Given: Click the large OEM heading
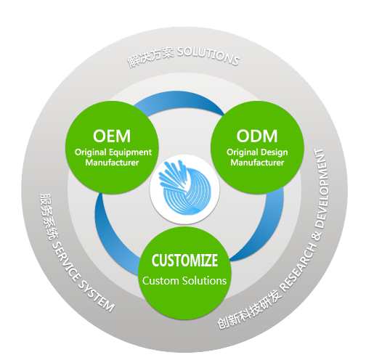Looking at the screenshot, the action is [x=112, y=136].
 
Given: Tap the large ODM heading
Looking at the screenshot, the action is [x=257, y=136].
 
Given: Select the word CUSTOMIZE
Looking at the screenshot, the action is [x=184, y=261].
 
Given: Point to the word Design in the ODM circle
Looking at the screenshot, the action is [x=274, y=152].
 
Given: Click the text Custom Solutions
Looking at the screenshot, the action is [x=184, y=281].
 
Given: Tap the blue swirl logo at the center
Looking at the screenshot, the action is [x=184, y=188].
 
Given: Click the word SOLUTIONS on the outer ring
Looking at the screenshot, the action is [x=208, y=55].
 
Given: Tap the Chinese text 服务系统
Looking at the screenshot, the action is [x=46, y=216].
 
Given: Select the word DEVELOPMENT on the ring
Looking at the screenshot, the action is [x=321, y=189].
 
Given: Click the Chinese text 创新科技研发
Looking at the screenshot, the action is [x=249, y=310].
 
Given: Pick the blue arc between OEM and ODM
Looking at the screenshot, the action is [x=179, y=98].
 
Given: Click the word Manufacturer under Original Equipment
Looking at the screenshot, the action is [x=112, y=163].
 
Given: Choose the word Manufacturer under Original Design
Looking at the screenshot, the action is [x=257, y=163].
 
